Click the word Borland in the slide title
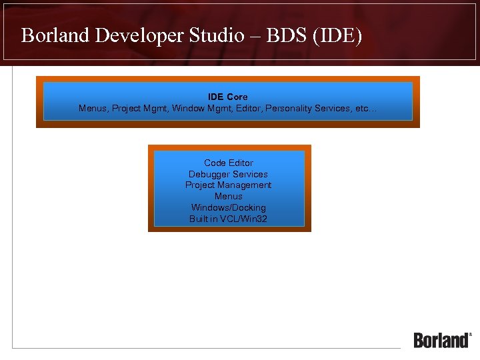56,35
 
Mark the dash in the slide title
257,36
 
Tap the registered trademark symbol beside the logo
471,334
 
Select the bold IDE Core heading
227,97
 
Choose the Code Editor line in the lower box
229,163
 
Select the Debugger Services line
228,174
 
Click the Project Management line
228,185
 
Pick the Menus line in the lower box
228,197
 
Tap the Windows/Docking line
228,208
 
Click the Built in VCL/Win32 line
228,219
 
